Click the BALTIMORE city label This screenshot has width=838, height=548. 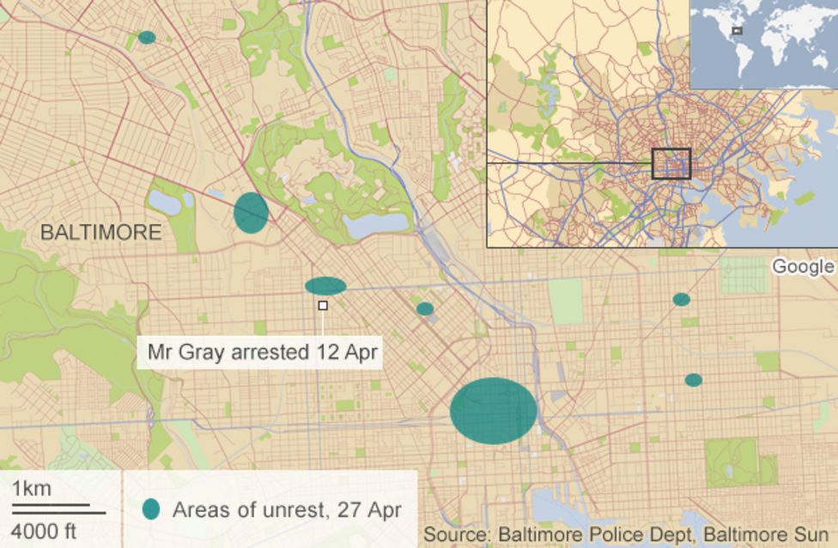(x=101, y=232)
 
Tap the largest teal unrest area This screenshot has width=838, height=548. (x=494, y=411)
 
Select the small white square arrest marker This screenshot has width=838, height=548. (x=323, y=305)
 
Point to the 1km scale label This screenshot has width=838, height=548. (x=32, y=490)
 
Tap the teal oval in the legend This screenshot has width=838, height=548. (x=151, y=508)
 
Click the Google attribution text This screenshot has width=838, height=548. (x=803, y=266)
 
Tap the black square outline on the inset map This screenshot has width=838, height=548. (x=671, y=163)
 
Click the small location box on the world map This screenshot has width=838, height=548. (x=737, y=31)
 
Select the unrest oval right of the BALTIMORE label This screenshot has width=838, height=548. (x=251, y=212)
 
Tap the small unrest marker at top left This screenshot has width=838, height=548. (x=147, y=37)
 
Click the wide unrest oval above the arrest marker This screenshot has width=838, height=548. (x=325, y=286)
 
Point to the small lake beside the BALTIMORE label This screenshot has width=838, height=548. (x=164, y=203)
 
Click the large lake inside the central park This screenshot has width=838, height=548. (x=375, y=224)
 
